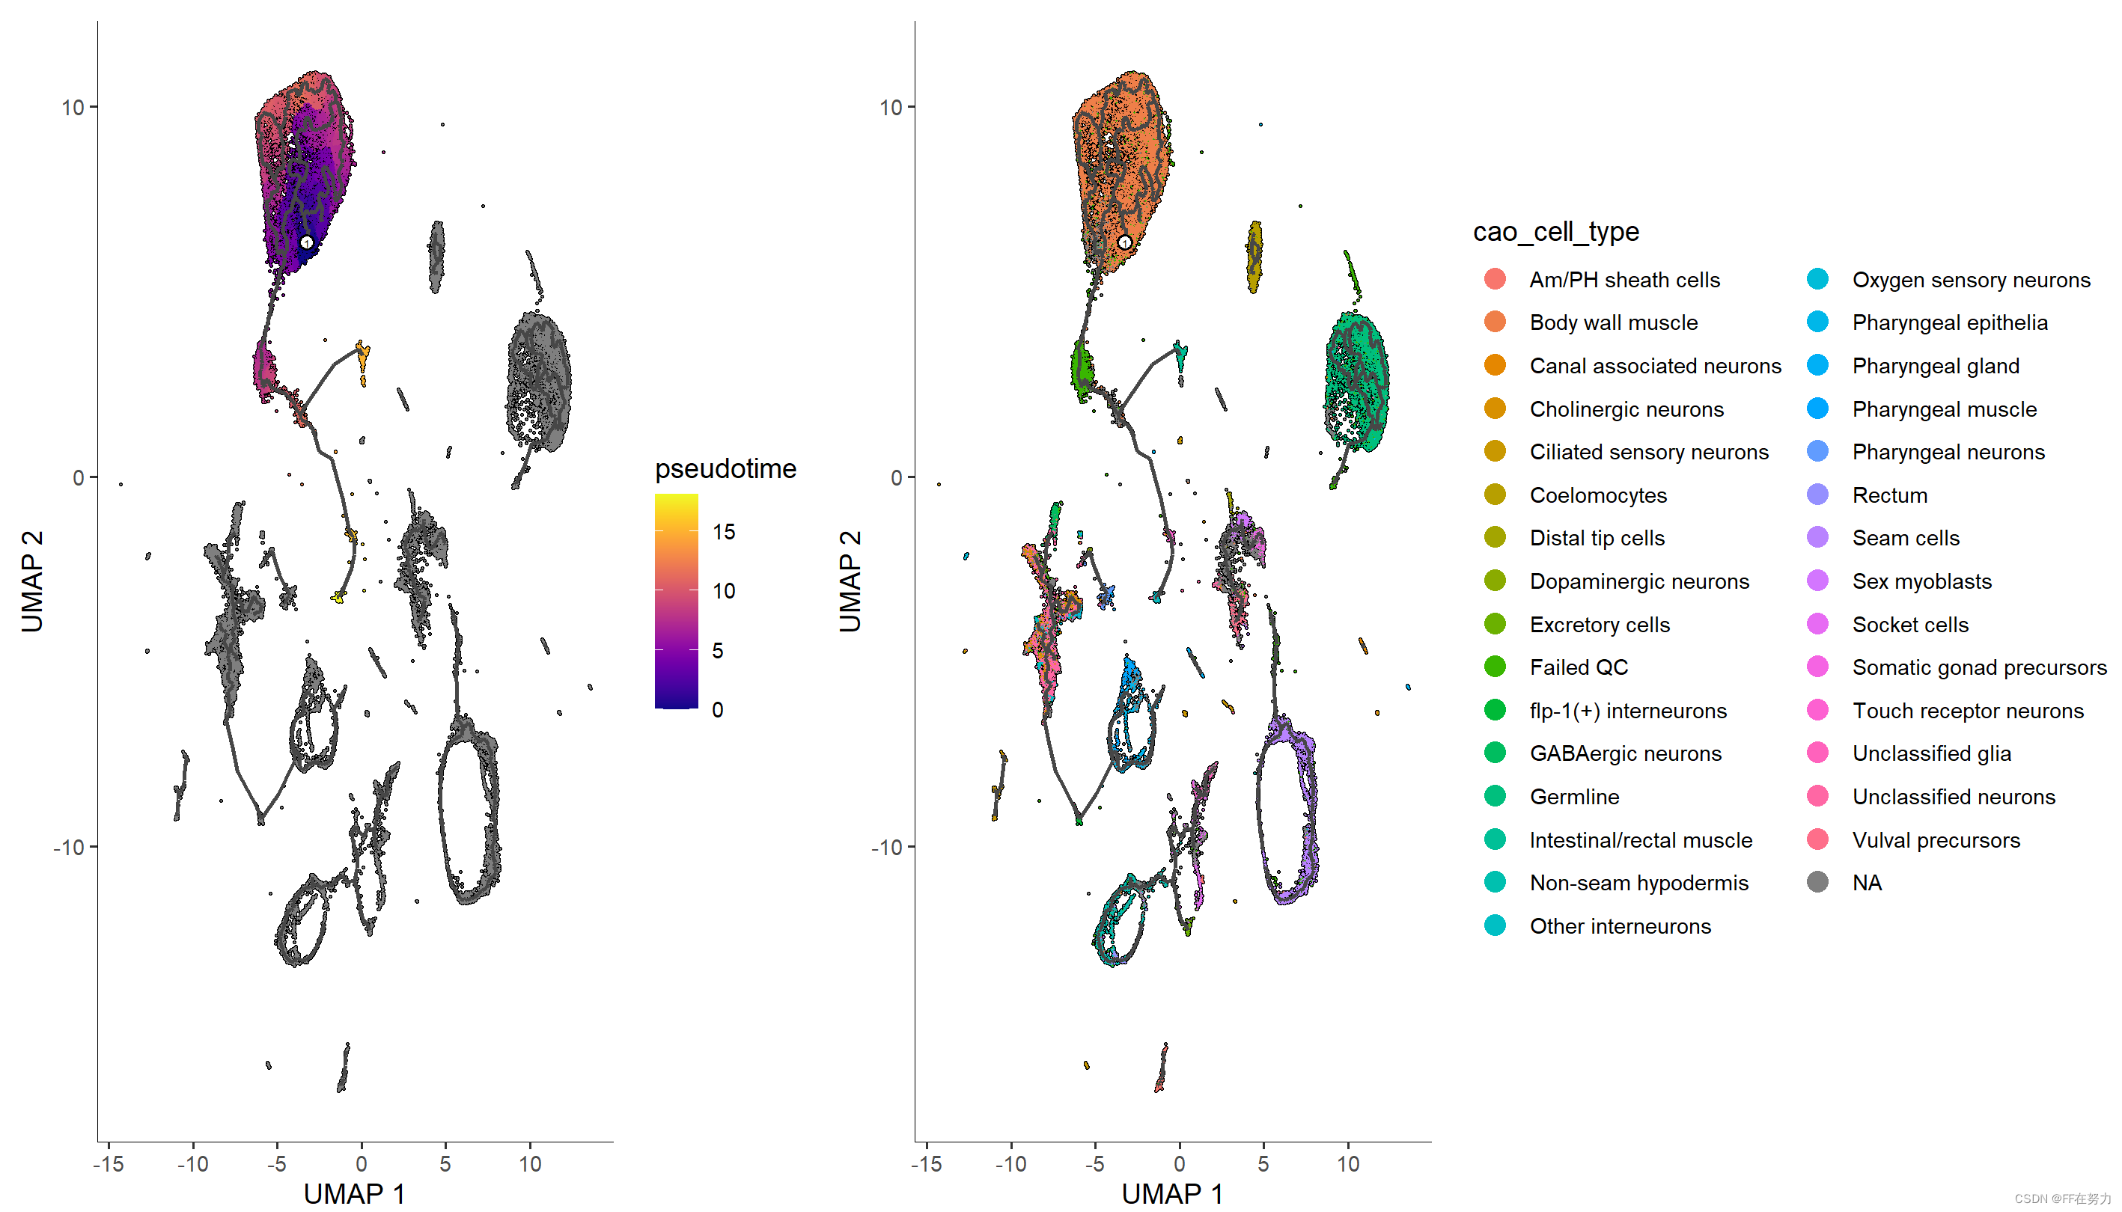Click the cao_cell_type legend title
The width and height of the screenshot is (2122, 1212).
1555,231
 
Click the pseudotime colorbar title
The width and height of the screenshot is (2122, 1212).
725,468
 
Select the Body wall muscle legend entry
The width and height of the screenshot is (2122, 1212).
1612,323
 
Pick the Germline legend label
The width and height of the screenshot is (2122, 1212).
1573,797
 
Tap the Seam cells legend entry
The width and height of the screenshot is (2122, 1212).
1905,539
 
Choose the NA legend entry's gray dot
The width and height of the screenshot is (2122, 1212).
1817,882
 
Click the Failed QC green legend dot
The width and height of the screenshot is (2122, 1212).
1495,667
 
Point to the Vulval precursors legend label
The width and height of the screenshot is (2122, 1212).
1936,840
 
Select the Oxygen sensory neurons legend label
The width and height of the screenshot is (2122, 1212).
1970,280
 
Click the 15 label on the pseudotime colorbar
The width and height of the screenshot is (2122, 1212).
724,532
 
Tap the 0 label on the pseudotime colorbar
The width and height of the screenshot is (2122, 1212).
717,710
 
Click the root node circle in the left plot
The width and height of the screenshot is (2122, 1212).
306,242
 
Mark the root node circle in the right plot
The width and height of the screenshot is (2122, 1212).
1124,242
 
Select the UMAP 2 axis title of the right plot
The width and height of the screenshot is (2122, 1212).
850,581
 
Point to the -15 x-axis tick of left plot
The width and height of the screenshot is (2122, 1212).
109,1163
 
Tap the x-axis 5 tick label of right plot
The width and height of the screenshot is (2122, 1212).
1263,1163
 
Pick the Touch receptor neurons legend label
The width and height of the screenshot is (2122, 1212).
1967,711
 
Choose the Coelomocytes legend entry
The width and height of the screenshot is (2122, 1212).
1597,495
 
